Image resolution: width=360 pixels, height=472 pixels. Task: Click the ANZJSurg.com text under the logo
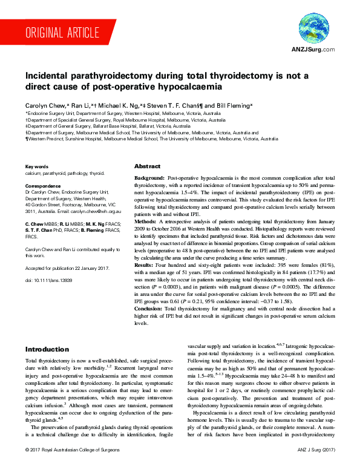(x=313, y=48)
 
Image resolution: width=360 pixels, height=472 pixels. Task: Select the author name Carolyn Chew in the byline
(x=44, y=106)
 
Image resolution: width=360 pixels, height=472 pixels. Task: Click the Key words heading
(x=37, y=166)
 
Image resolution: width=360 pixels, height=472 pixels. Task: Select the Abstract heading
(x=147, y=166)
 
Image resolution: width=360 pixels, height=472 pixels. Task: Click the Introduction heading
(x=47, y=350)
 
